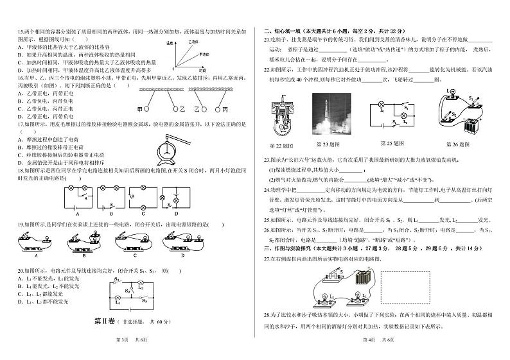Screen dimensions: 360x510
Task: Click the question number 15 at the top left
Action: [x=20, y=31]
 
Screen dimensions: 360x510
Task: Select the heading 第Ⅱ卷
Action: [x=103, y=321]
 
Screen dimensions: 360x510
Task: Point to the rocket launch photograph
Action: [x=331, y=116]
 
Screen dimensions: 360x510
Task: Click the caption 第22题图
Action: [x=281, y=145]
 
